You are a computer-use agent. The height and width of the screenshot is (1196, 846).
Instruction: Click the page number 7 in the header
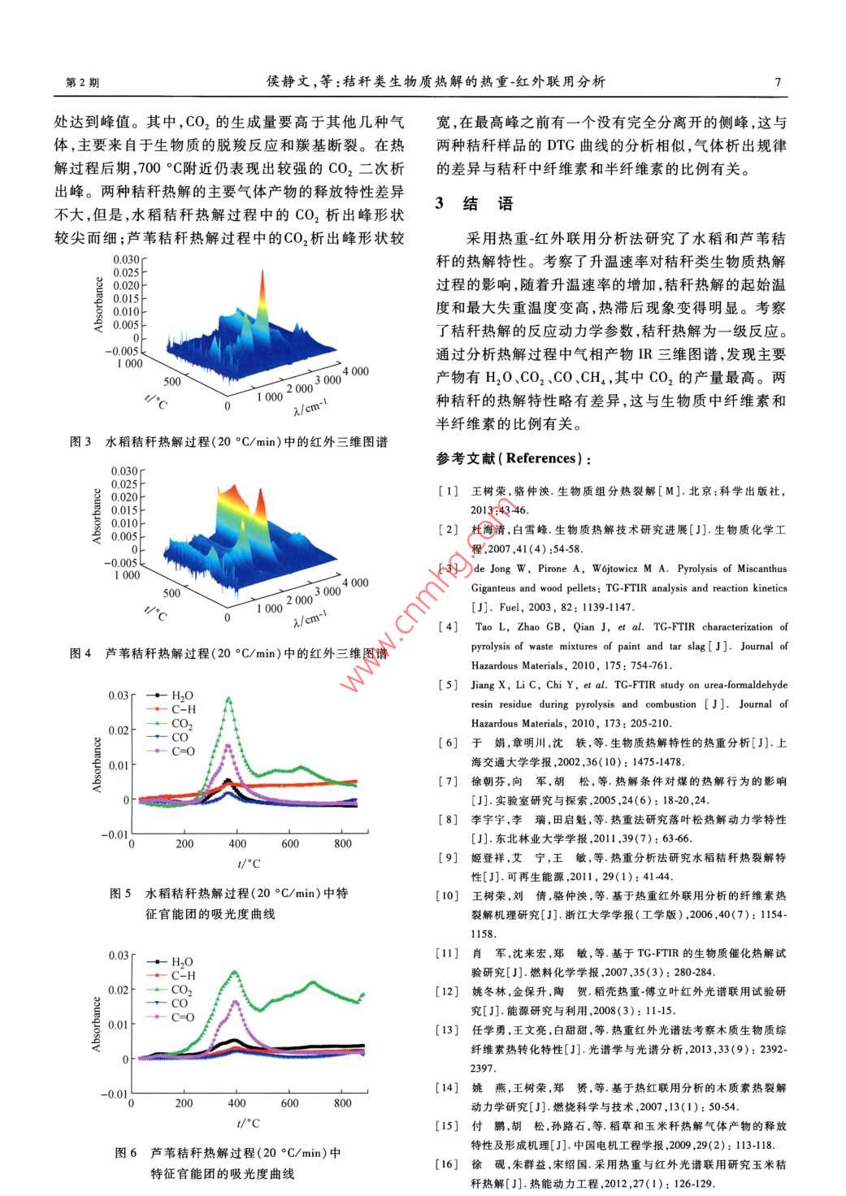coord(778,81)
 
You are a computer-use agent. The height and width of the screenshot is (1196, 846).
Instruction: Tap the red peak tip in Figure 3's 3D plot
coord(262,271)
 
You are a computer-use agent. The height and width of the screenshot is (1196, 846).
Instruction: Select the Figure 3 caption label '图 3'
coord(80,442)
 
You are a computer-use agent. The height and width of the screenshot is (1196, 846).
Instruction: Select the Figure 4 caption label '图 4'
coord(80,653)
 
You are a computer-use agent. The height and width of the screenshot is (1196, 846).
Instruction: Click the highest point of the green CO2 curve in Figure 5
coord(229,698)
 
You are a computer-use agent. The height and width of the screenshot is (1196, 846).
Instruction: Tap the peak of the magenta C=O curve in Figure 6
coord(236,1002)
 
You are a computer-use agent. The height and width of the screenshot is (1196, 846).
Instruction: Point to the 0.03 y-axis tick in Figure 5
coord(119,695)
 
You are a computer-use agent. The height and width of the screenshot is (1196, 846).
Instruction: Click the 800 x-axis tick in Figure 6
coord(343,1103)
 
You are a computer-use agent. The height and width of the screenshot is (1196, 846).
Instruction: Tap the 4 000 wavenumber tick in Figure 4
coord(355,583)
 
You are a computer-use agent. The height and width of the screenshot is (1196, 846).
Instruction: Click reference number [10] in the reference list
coord(448,895)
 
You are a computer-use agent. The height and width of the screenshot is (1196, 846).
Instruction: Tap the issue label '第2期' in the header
coord(81,83)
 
